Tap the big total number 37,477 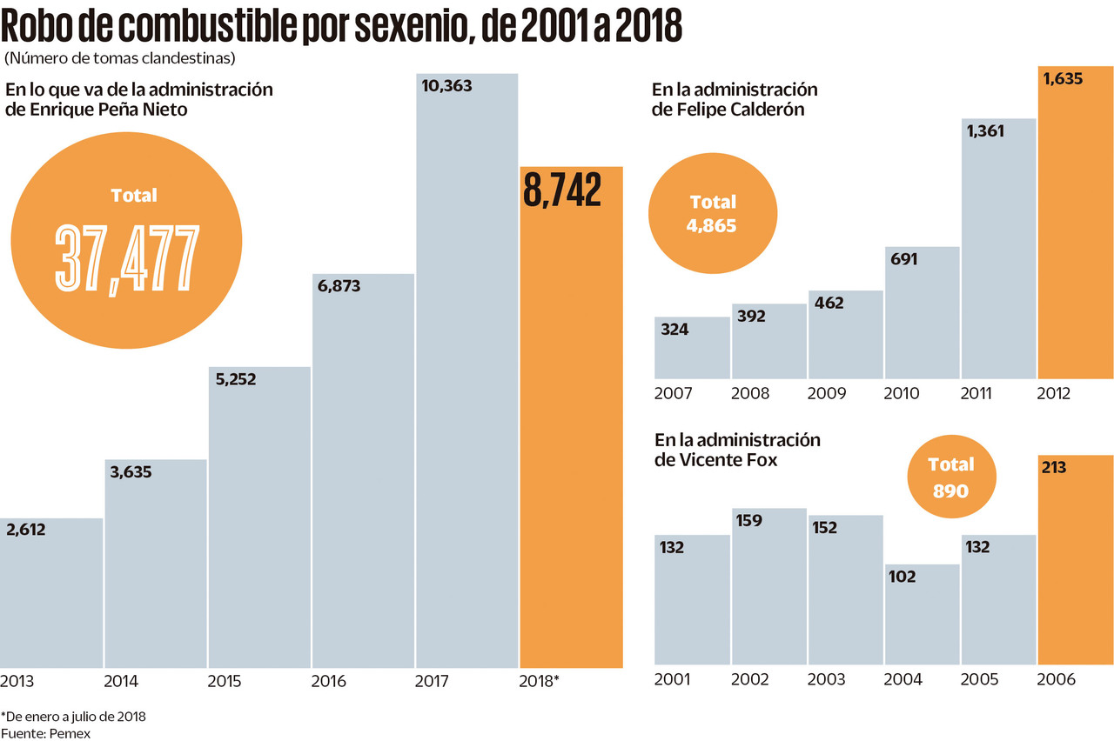point(127,257)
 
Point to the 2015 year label point(225,681)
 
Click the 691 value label point(903,258)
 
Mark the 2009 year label point(827,393)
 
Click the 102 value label point(902,576)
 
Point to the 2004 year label point(903,678)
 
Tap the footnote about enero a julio point(73,717)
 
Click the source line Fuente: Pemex point(45,733)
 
